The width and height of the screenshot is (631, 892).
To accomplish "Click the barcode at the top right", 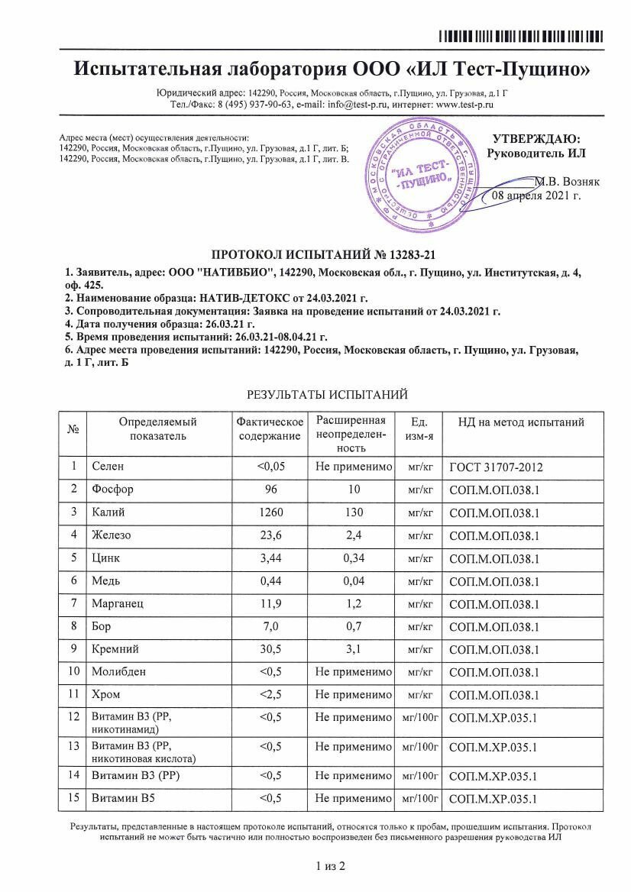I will point(521,36).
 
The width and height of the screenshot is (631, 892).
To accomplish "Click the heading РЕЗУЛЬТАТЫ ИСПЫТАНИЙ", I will point(327,394).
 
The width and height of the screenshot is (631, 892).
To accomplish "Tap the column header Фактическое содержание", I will point(270,428).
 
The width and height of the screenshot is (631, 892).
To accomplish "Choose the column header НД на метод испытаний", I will point(521,422).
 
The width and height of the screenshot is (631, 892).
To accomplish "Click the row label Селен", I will point(107,466).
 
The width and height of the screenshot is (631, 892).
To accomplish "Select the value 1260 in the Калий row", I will point(270,512).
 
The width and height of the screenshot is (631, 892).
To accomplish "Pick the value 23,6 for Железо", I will point(270,535).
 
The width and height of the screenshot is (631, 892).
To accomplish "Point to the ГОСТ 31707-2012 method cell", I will point(496,467).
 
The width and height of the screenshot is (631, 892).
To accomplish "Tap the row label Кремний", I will point(114,649).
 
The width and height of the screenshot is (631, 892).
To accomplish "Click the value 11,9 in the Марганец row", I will point(270,603).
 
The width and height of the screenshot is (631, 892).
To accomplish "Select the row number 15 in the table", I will point(74,799).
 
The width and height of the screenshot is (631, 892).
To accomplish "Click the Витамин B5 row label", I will point(119,799).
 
